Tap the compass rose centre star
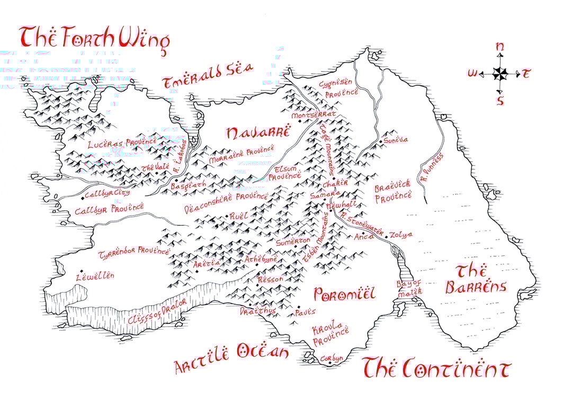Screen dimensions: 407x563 [499, 74]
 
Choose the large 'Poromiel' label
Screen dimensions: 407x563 [344, 294]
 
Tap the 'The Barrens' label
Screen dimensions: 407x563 [475, 279]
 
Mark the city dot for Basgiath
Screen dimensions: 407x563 [176, 181]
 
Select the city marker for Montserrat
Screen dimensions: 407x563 [299, 121]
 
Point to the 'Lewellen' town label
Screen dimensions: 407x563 [95, 276]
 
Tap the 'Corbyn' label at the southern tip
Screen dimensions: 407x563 [332, 359]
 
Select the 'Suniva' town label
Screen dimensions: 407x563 [397, 140]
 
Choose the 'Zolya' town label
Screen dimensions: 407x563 [402, 235]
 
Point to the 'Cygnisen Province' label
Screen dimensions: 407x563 [338, 88]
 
